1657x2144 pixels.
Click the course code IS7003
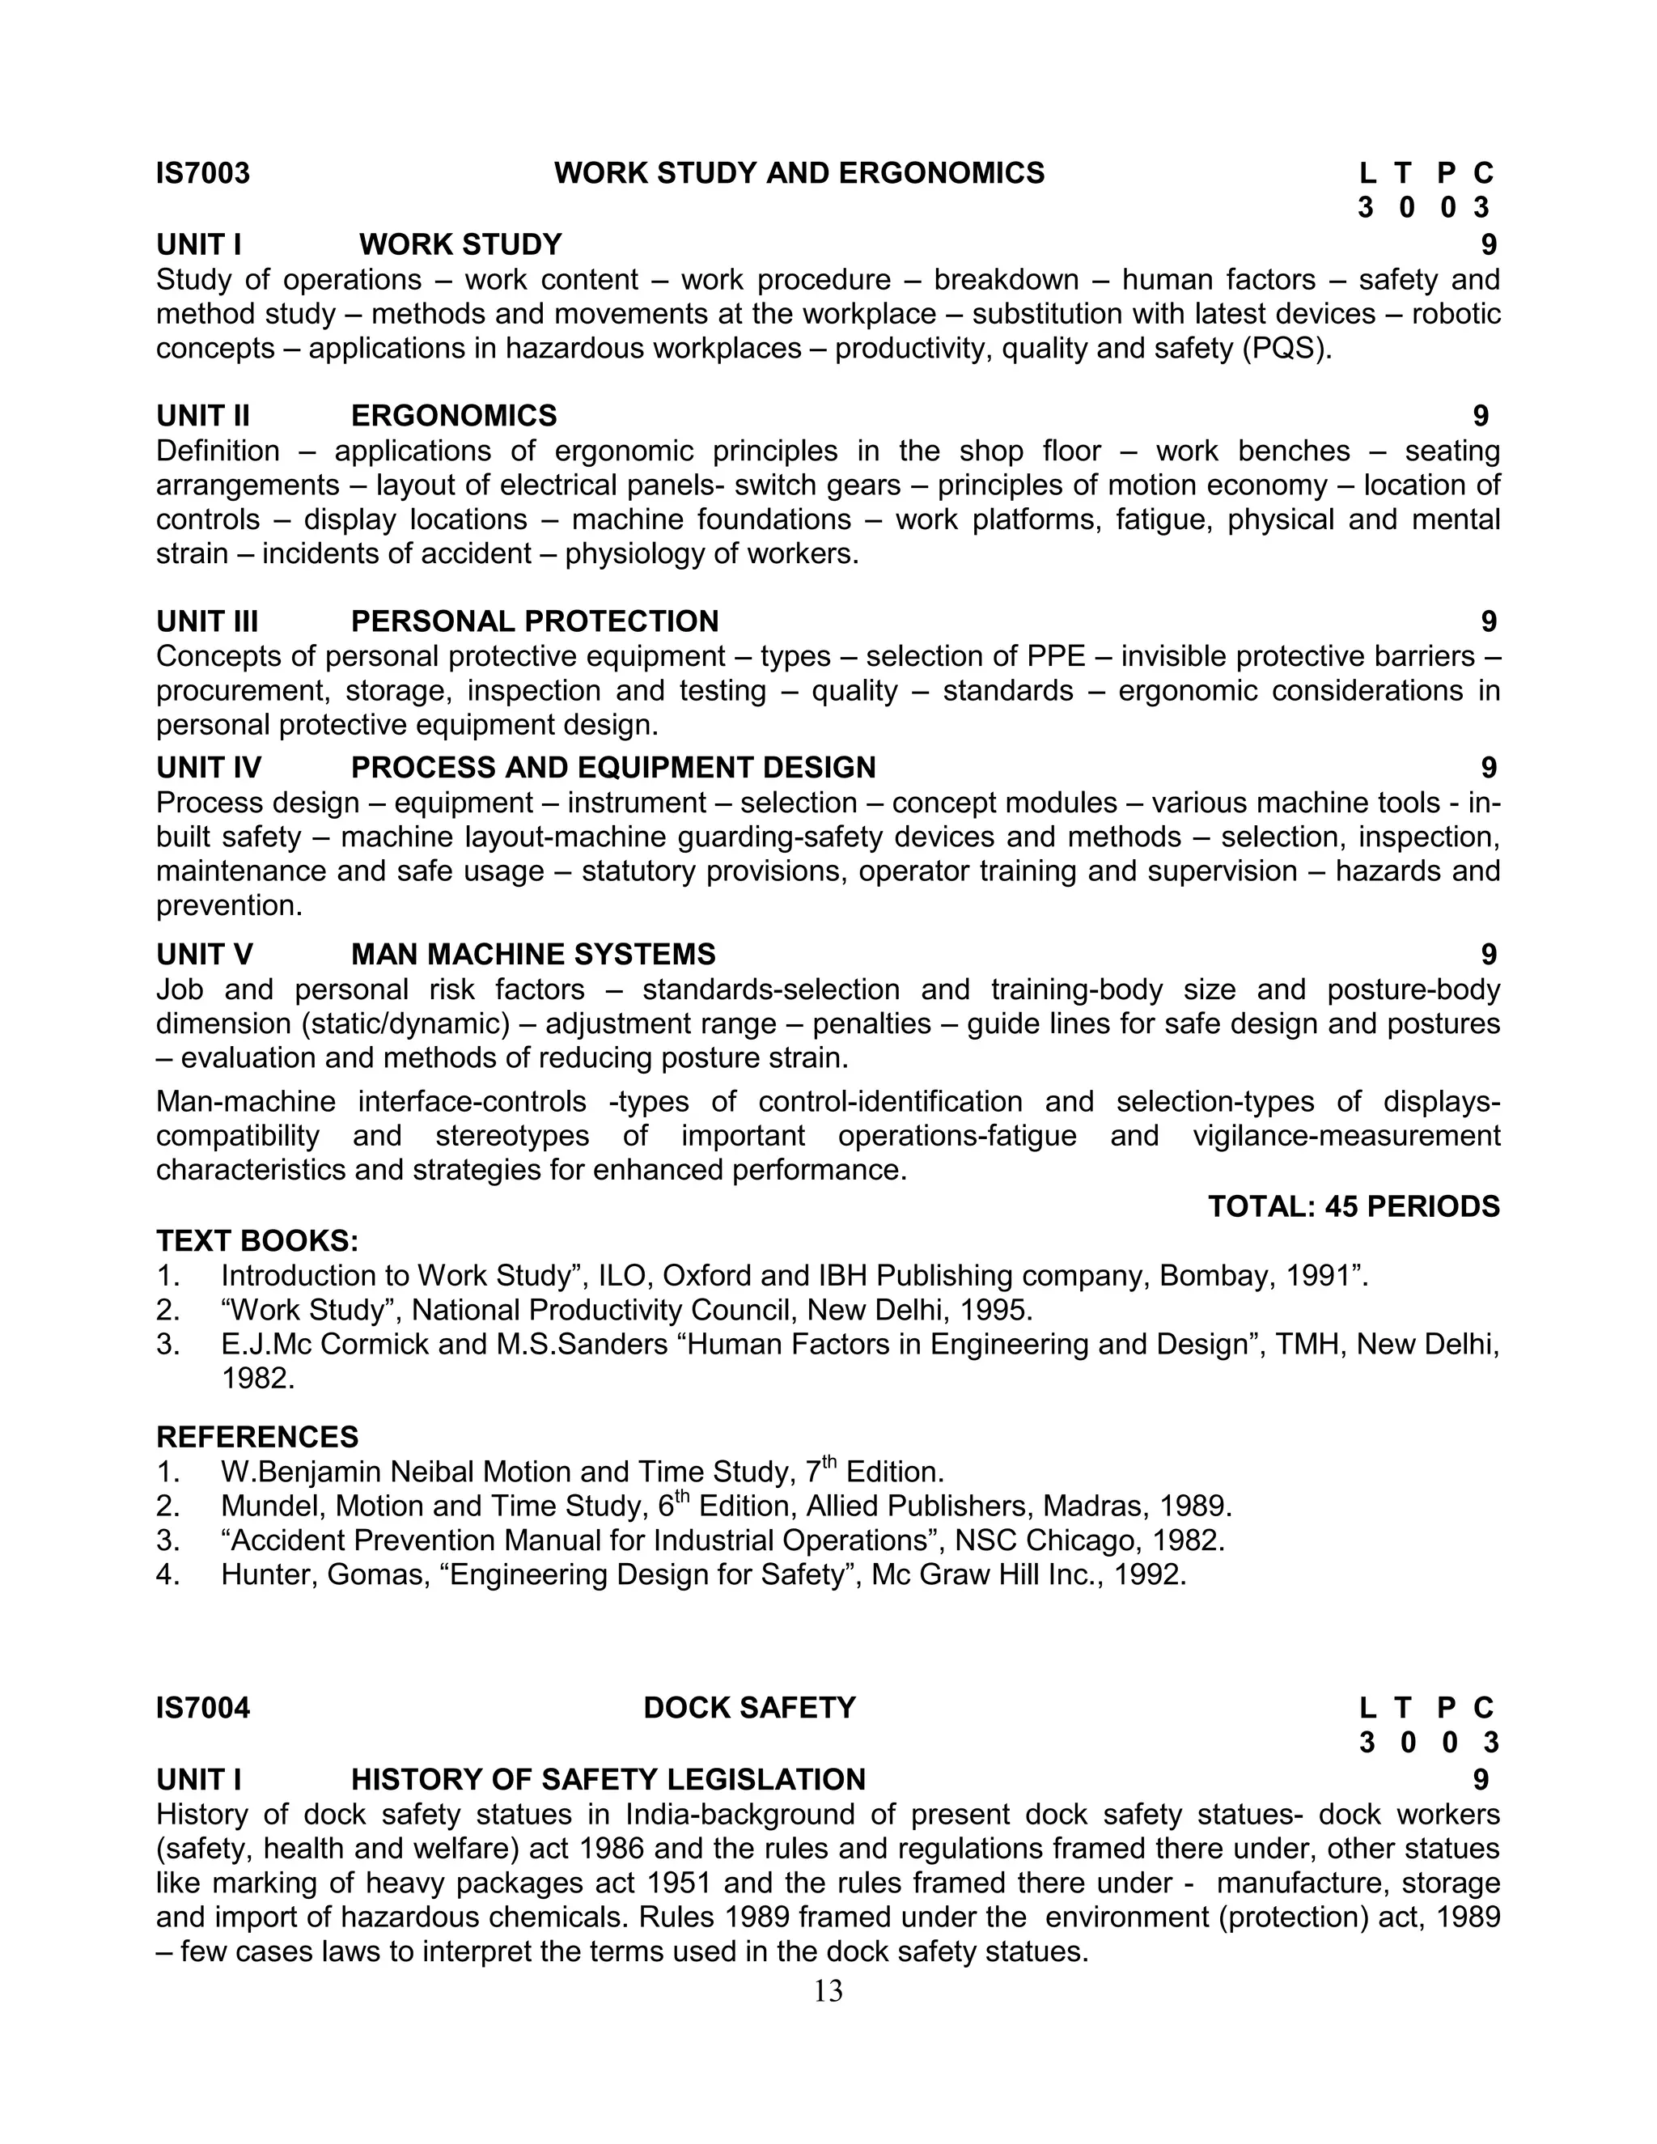click(203, 174)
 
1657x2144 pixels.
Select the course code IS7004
click(203, 1708)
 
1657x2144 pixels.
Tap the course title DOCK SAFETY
click(749, 1708)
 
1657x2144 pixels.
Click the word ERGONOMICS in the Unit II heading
click(454, 416)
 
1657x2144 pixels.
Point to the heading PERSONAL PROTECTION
click(534, 621)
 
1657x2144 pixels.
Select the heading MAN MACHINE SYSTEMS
click(533, 954)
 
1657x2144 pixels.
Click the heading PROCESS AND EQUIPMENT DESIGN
click(612, 768)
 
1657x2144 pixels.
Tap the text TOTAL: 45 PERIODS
click(1353, 1206)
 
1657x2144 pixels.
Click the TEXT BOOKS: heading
click(257, 1241)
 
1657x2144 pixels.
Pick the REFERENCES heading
click(257, 1437)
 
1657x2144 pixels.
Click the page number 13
click(828, 1991)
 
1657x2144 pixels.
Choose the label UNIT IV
click(208, 768)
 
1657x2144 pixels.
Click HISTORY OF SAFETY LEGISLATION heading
click(608, 1780)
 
